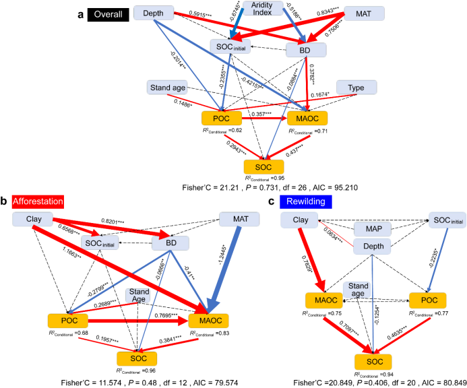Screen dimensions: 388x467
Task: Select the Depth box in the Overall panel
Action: point(154,13)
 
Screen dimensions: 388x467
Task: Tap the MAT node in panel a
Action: point(364,13)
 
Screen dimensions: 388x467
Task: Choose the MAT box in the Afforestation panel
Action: point(240,220)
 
